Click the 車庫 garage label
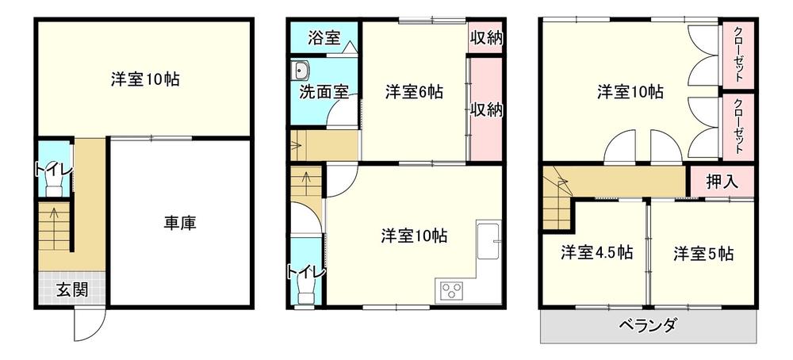[180, 223]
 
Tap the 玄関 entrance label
[71, 289]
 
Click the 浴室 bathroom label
[324, 36]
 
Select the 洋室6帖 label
[414, 92]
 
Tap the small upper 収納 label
[485, 37]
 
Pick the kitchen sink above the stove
[488, 237]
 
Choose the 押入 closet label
[722, 181]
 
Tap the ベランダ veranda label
[647, 325]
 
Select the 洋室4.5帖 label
[596, 253]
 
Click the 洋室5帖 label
[703, 254]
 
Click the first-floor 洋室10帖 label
[144, 79]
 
